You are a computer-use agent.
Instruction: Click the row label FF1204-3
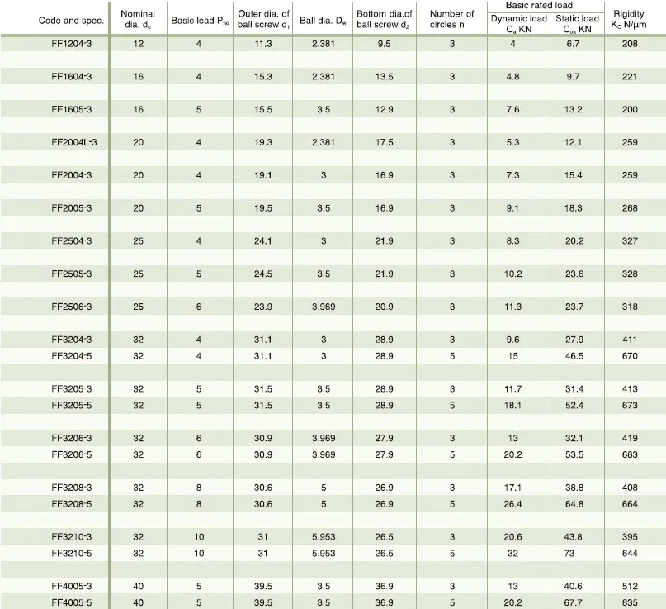[71, 44]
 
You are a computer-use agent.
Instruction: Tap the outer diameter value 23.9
[263, 306]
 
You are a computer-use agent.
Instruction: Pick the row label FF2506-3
[71, 306]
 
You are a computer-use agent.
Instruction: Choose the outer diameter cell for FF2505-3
[263, 274]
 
